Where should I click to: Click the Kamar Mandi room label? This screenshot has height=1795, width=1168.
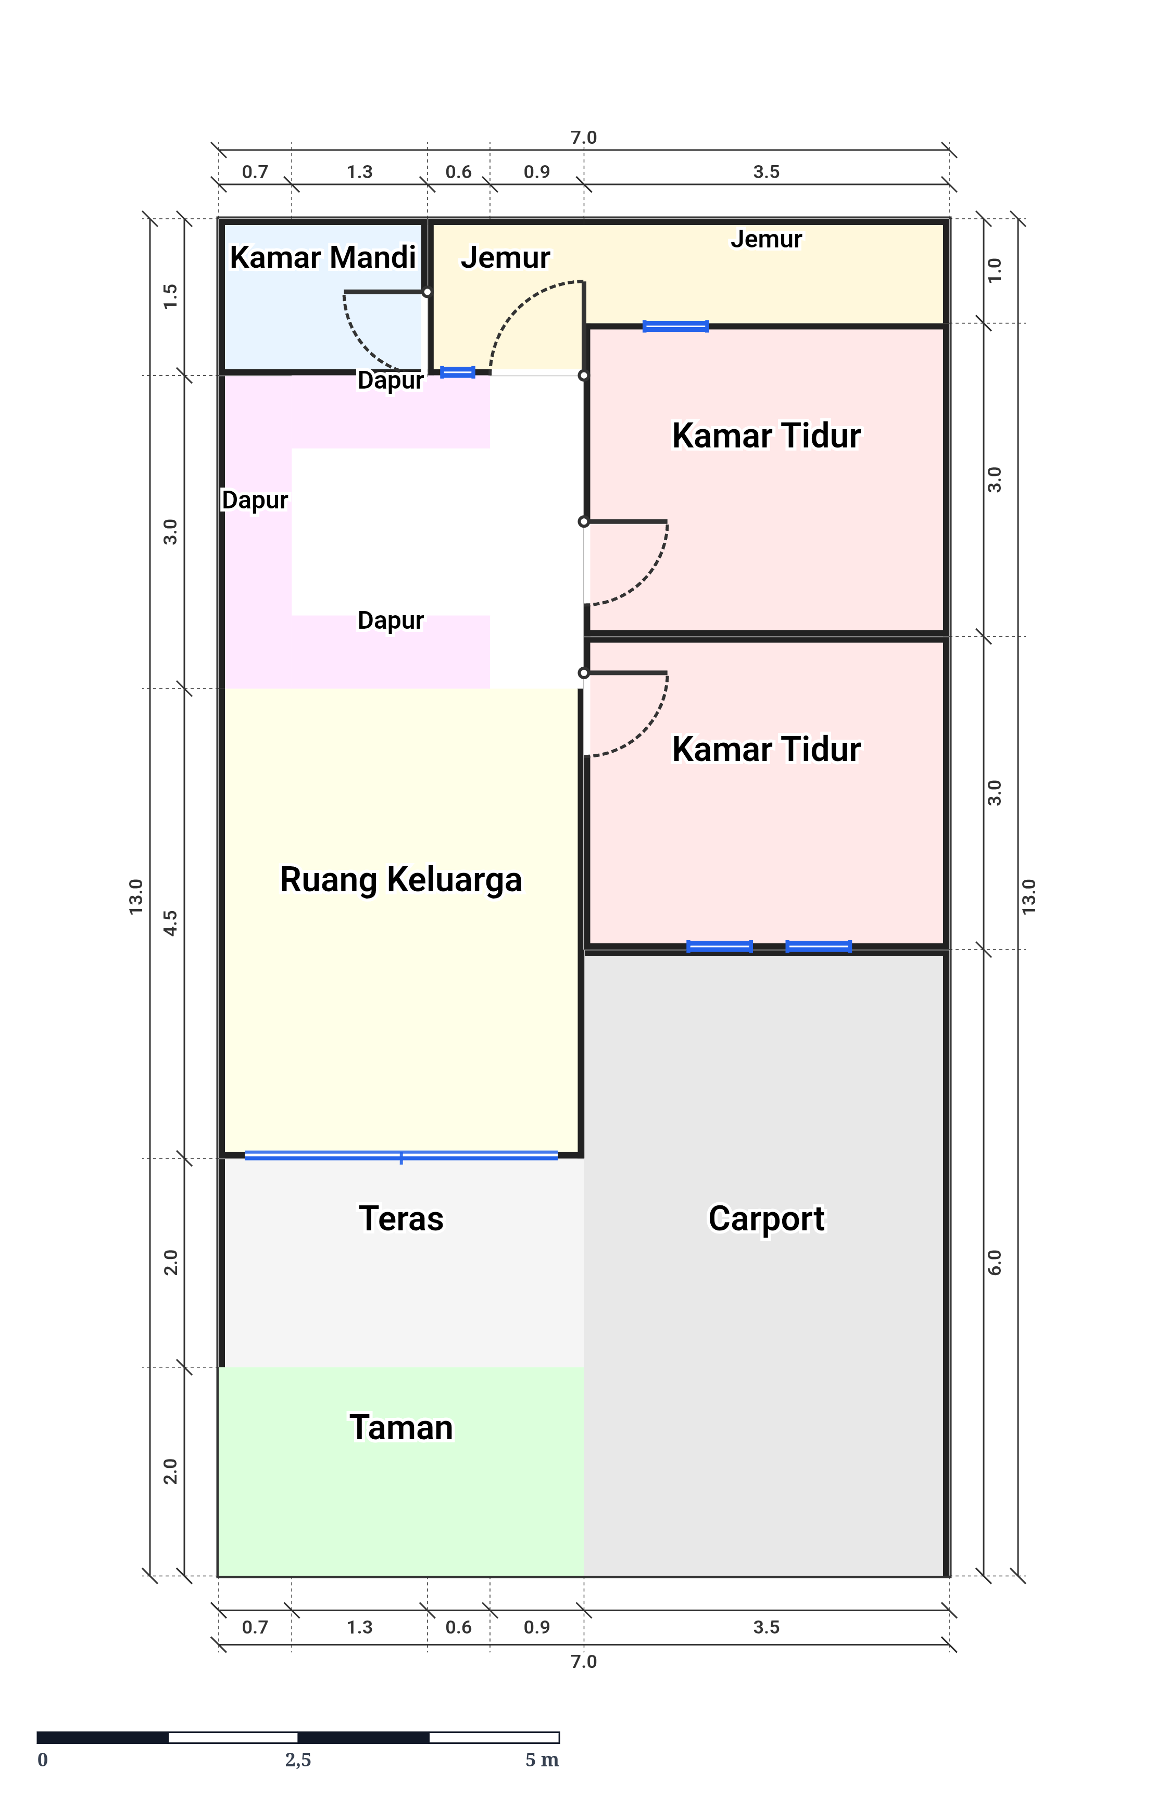pyautogui.click(x=323, y=258)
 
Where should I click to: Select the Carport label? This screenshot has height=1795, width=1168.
pyautogui.click(x=766, y=1219)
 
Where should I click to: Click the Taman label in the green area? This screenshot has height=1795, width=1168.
pyautogui.click(x=401, y=1428)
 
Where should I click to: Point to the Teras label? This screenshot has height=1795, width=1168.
pyautogui.click(x=401, y=1219)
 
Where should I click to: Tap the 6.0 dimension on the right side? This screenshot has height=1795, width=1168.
pyautogui.click(x=995, y=1263)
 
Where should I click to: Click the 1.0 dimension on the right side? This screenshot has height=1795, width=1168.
pyautogui.click(x=995, y=270)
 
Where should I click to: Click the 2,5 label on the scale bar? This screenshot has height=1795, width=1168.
pyautogui.click(x=298, y=1760)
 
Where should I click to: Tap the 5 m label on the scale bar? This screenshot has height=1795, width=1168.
pyautogui.click(x=542, y=1760)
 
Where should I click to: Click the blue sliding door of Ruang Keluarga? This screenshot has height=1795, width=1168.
pyautogui.click(x=401, y=1155)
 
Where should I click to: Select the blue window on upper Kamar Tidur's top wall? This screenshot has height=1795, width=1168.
pyautogui.click(x=675, y=327)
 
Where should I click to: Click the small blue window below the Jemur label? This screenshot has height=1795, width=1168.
pyautogui.click(x=457, y=372)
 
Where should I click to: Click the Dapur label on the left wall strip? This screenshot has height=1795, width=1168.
pyautogui.click(x=255, y=500)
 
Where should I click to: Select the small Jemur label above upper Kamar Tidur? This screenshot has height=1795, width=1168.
pyautogui.click(x=766, y=239)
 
